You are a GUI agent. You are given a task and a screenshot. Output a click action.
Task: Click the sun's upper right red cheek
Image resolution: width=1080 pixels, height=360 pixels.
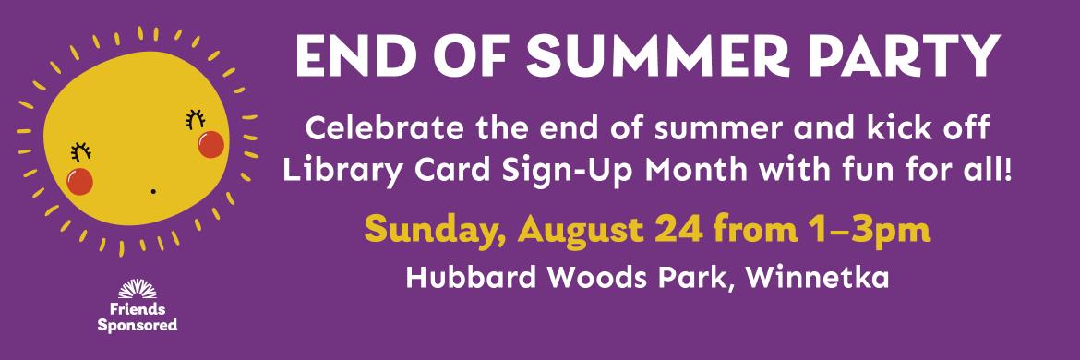click(x=210, y=145)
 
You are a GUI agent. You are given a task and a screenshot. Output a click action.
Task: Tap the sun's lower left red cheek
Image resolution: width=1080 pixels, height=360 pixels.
click(x=80, y=181)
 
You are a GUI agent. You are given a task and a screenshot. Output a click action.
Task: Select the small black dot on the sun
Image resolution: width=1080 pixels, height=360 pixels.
click(x=153, y=191)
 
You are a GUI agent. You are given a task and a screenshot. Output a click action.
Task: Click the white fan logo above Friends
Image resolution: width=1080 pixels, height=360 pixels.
click(x=137, y=289)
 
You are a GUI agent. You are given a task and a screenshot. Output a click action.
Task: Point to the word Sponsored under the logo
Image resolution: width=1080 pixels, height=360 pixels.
click(x=137, y=325)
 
